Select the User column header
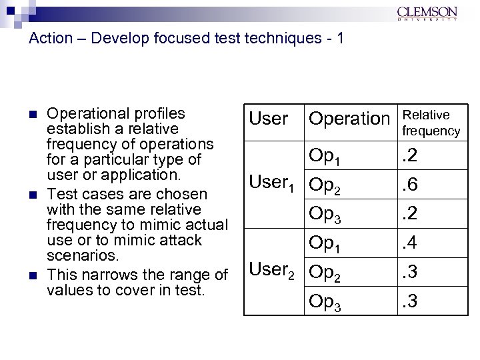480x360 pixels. [x=268, y=119]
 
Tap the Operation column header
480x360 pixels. [x=349, y=119]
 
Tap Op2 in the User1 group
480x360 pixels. [x=325, y=185]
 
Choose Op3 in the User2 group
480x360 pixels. [x=325, y=303]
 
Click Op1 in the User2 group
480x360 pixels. [x=325, y=245]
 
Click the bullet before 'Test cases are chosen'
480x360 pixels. [x=35, y=195]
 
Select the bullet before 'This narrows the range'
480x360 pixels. [x=35, y=275]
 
